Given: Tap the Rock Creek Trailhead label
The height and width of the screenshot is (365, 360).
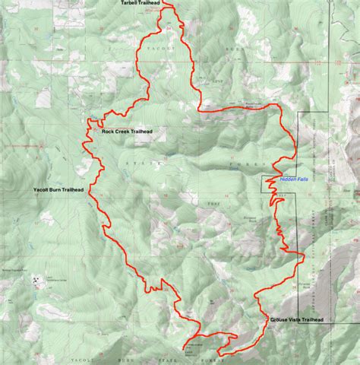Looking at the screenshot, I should (127, 131).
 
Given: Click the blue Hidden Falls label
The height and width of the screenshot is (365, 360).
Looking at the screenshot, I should (294, 179).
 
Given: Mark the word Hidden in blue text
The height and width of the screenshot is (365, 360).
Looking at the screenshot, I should (287, 179).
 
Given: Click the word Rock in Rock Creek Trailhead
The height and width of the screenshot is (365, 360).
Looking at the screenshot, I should (108, 131).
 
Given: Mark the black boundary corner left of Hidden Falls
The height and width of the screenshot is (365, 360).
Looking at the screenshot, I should (264, 177).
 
